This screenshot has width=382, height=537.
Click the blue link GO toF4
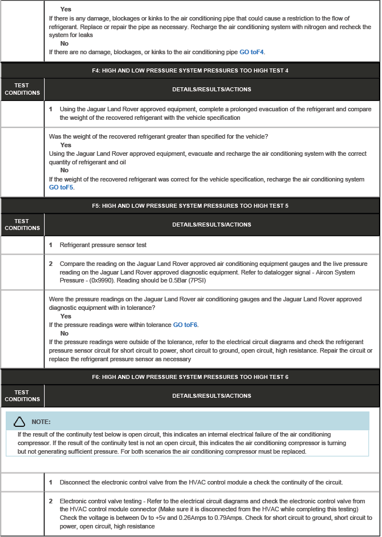pyautogui.click(x=251, y=52)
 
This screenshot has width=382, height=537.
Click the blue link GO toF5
pyautogui.click(x=61, y=187)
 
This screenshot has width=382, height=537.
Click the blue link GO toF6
pyautogui.click(x=185, y=325)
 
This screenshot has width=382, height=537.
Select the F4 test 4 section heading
pyautogui.click(x=190, y=70)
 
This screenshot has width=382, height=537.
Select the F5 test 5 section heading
pyautogui.click(x=190, y=205)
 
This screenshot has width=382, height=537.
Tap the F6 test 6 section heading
pyautogui.click(x=190, y=377)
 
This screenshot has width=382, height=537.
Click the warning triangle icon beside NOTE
pyautogui.click(x=19, y=422)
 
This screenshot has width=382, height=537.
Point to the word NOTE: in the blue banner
pyautogui.click(x=41, y=422)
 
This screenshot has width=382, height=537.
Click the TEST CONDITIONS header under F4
pyautogui.click(x=22, y=89)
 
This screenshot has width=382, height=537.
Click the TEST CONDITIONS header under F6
pyautogui.click(x=22, y=395)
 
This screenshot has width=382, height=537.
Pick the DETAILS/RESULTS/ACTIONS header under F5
pyautogui.click(x=212, y=225)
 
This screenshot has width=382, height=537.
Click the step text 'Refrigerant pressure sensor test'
pyautogui.click(x=103, y=245)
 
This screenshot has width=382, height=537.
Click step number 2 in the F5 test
pyautogui.click(x=51, y=264)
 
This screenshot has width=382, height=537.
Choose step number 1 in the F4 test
pyautogui.click(x=51, y=109)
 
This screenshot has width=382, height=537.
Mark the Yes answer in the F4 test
pyautogui.click(x=66, y=145)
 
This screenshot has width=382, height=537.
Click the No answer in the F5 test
pyautogui.click(x=64, y=333)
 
